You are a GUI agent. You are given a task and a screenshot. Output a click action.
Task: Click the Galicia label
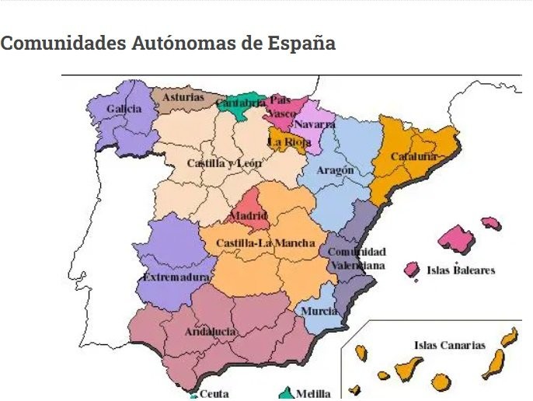124,109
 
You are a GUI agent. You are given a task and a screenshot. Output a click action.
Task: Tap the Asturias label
183,98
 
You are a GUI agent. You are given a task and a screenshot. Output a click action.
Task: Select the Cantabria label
241,103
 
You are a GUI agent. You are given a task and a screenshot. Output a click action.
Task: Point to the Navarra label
315,124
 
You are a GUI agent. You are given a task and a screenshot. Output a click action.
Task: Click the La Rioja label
289,142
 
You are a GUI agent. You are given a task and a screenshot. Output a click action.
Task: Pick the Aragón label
336,170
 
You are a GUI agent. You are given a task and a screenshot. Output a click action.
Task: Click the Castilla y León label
225,164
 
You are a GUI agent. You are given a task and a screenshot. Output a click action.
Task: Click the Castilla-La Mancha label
266,243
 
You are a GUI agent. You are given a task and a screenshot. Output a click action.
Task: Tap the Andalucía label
211,332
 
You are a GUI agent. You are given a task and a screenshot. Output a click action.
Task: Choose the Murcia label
319,311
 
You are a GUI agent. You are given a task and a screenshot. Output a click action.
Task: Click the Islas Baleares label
461,271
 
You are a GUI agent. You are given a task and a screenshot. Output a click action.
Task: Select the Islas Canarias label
450,345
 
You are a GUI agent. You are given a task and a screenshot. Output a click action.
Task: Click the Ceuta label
214,394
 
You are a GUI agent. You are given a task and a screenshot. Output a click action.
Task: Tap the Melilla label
313,394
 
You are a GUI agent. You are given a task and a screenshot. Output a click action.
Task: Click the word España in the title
300,43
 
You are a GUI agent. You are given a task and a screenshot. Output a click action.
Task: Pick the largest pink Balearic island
456,239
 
